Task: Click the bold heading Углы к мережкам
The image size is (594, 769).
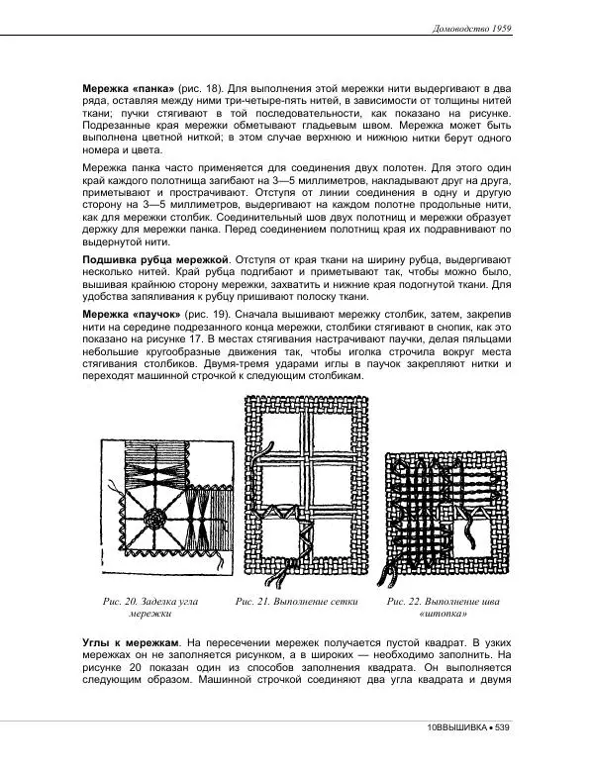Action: coord(130,642)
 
